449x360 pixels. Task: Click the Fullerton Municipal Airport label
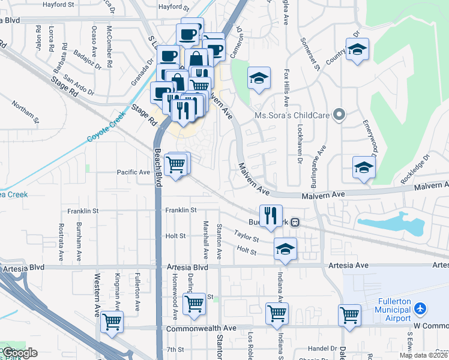pyautogui.click(x=386, y=309)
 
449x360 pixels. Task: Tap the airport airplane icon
pyautogui.click(x=420, y=309)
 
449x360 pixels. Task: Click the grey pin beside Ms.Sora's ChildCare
pyautogui.click(x=339, y=114)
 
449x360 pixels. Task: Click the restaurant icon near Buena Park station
pyautogui.click(x=271, y=215)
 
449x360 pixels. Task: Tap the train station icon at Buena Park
pyautogui.click(x=295, y=222)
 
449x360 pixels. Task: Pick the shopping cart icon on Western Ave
pyautogui.click(x=112, y=322)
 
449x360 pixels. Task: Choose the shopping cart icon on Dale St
pyautogui.click(x=349, y=314)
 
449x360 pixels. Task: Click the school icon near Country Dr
pyautogui.click(x=357, y=50)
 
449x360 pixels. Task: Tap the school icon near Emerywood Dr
pyautogui.click(x=363, y=167)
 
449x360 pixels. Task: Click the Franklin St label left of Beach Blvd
pyautogui.click(x=82, y=211)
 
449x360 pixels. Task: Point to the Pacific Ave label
pyautogui.click(x=133, y=172)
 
